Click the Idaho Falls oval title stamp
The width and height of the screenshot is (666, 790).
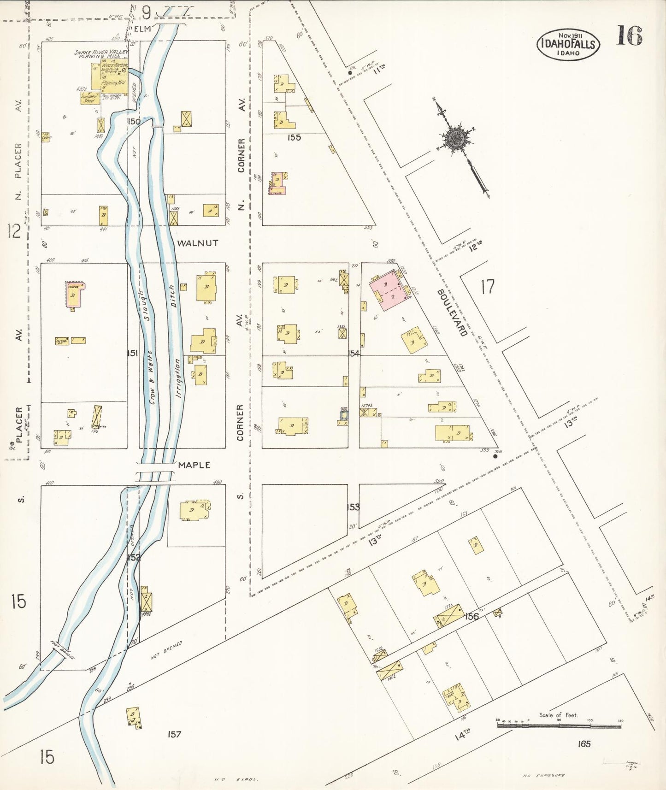(568, 44)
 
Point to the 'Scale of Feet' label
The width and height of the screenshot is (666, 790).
(558, 715)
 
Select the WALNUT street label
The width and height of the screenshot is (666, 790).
(198, 243)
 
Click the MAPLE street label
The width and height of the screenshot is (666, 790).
(194, 465)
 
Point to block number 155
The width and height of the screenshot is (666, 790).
(294, 137)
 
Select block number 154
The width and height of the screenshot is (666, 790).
(354, 354)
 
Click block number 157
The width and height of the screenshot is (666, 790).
(174, 734)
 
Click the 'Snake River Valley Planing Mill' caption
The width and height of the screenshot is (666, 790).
(101, 54)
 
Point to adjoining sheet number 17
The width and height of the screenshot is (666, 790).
(487, 287)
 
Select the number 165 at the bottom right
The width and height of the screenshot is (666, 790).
(583, 744)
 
